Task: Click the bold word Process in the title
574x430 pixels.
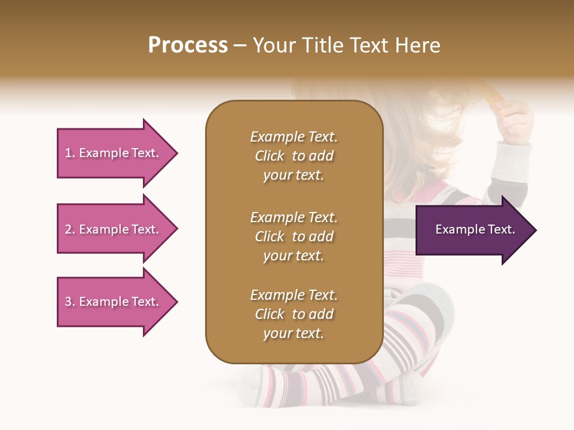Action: (x=188, y=45)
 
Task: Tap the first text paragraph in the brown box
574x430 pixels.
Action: (x=294, y=156)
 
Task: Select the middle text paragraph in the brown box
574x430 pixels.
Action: (x=294, y=236)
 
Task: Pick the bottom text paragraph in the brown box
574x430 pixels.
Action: (x=294, y=314)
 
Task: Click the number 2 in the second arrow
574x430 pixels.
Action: (x=68, y=229)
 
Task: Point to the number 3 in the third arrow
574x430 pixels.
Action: (x=68, y=302)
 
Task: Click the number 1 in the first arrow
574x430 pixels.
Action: (x=68, y=153)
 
